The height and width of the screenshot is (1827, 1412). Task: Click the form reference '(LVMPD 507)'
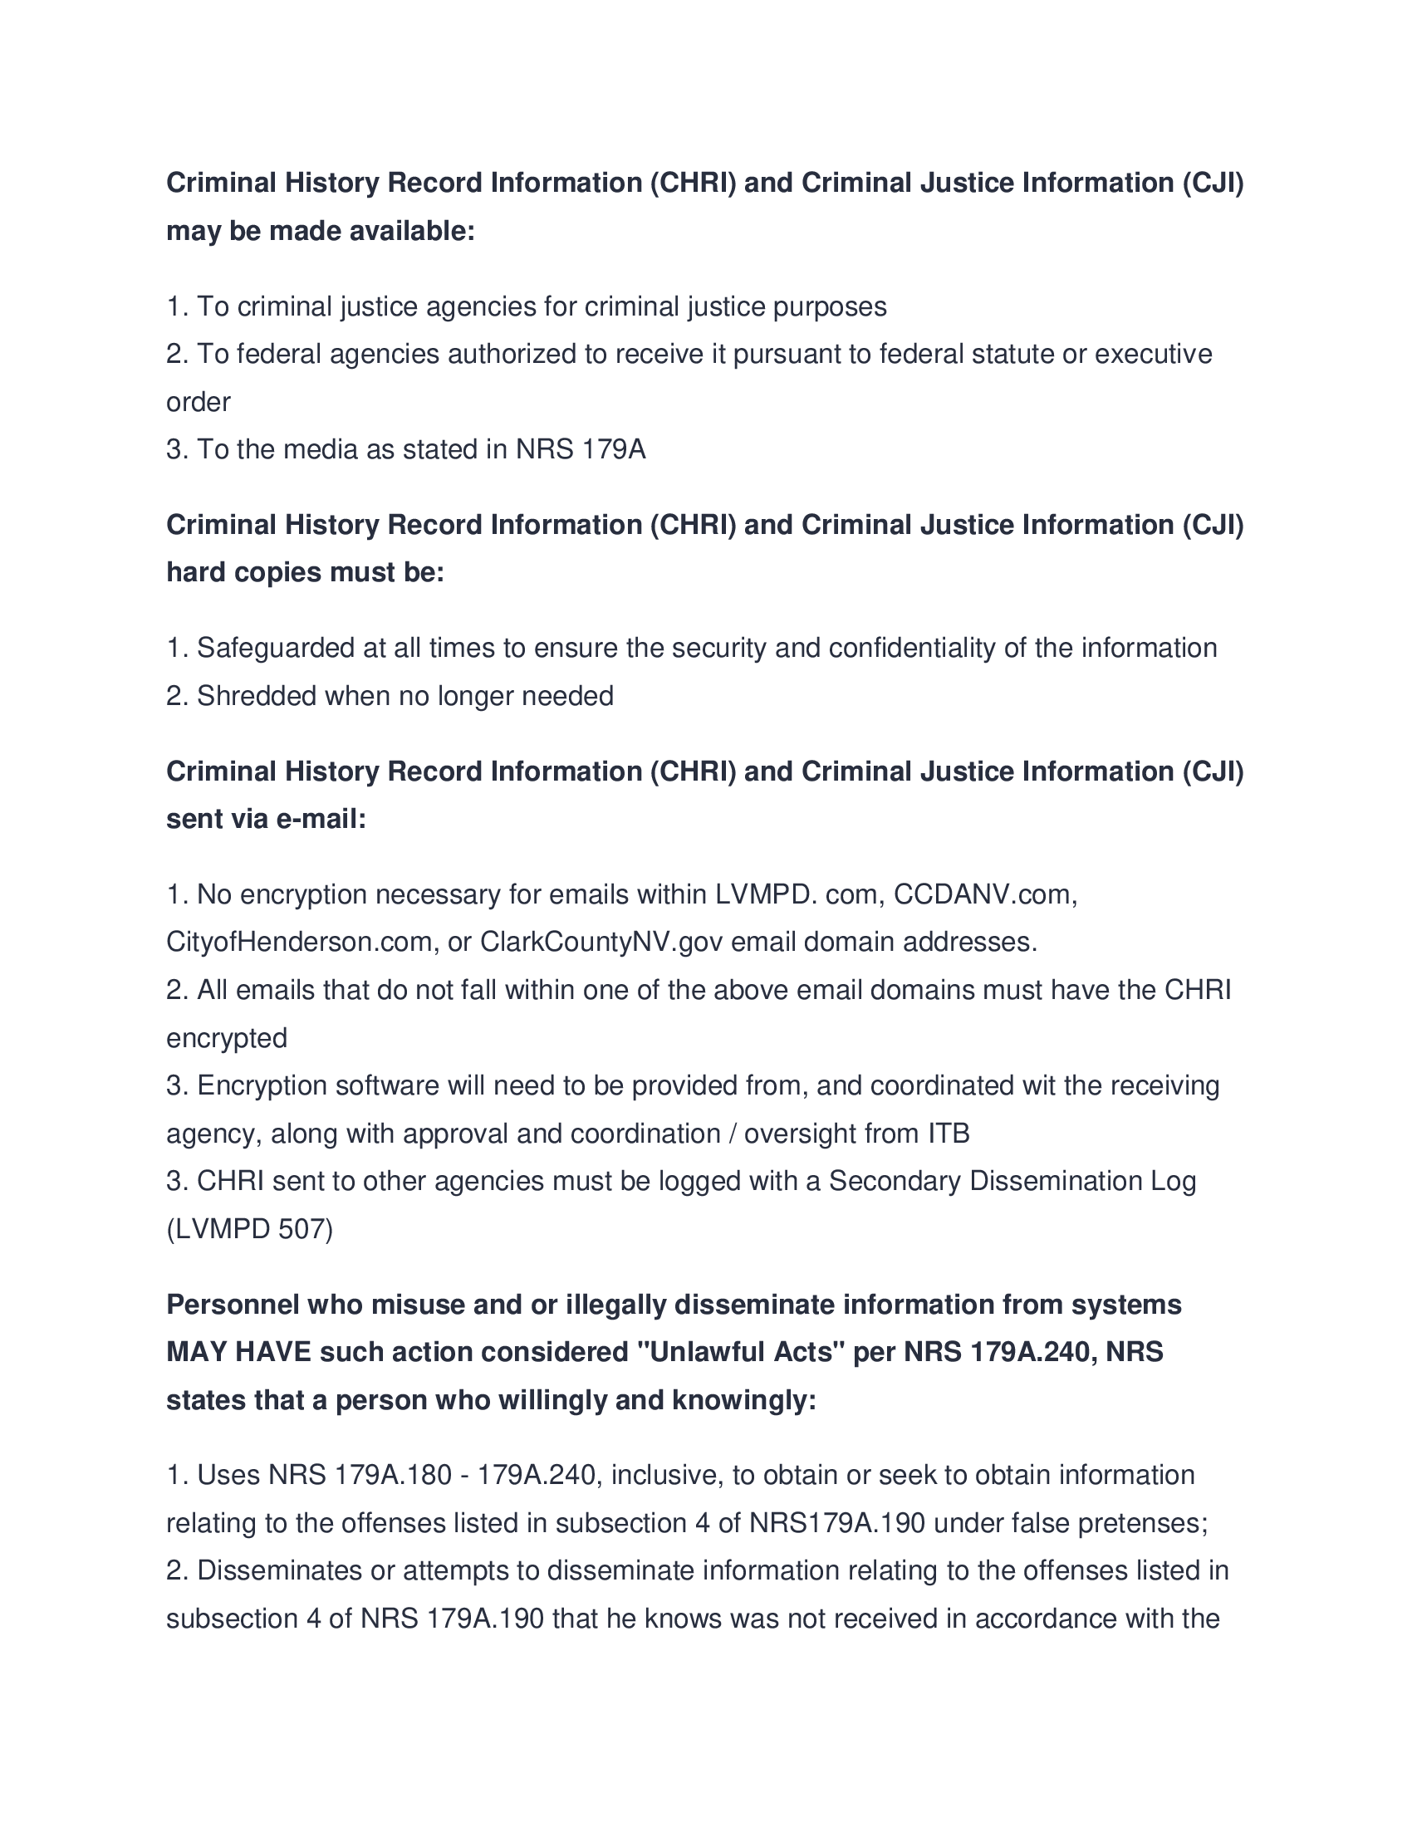tap(249, 1230)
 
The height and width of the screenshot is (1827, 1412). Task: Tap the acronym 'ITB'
tap(949, 1134)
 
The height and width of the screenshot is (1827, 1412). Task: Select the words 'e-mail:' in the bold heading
tap(321, 819)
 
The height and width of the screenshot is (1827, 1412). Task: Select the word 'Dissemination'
tap(1055, 1181)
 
